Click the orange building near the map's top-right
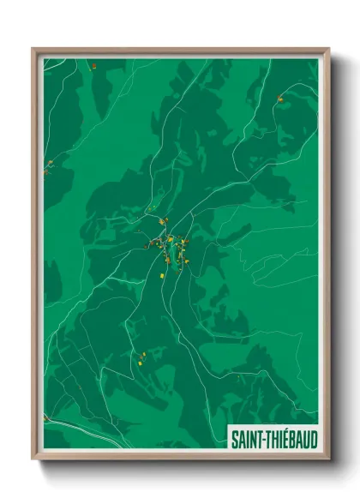(x=279, y=100)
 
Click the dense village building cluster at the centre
(x=170, y=248)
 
